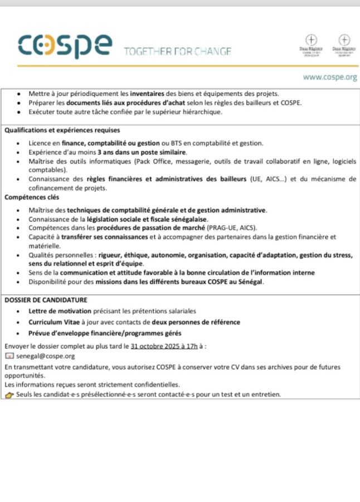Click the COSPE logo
pyautogui.click(x=65, y=46)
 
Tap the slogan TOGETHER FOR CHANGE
pyautogui.click(x=177, y=52)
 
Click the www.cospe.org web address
pyautogui.click(x=330, y=78)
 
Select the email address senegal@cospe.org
pyautogui.click(x=45, y=356)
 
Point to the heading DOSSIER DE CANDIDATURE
pyautogui.click(x=46, y=300)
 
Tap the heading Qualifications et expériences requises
pyautogui.click(x=62, y=130)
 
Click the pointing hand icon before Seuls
pyautogui.click(x=9, y=395)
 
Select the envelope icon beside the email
pyautogui.click(x=8, y=356)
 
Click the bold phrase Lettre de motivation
pyautogui.click(x=57, y=311)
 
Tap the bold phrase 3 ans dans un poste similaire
pyautogui.click(x=142, y=152)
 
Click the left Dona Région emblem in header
pyautogui.click(x=312, y=44)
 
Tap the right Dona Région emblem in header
pyautogui.click(x=344, y=44)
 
